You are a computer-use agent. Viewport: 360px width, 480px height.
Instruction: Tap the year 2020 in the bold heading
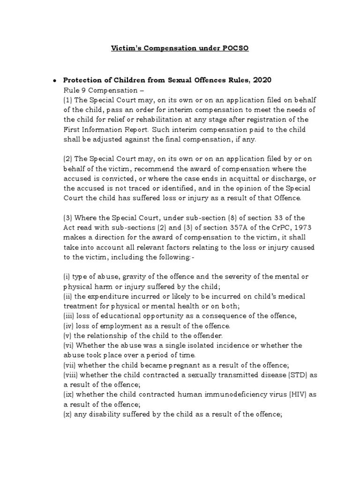pyautogui.click(x=262, y=80)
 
